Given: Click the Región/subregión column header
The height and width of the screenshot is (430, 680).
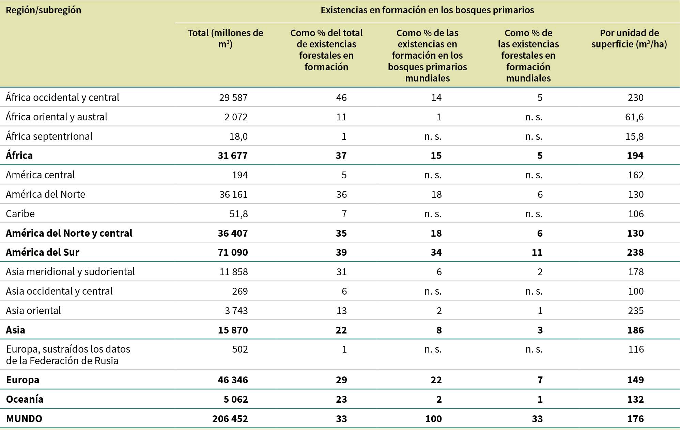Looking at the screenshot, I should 44,10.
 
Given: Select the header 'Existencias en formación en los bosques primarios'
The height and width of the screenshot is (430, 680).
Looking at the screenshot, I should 427,10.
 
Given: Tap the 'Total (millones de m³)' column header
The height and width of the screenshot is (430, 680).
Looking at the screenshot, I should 225,39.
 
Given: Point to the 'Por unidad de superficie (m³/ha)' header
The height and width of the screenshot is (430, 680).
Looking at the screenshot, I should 629,39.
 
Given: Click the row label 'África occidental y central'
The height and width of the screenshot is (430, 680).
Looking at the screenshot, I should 62,98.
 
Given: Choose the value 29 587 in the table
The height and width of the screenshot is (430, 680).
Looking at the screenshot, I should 233,98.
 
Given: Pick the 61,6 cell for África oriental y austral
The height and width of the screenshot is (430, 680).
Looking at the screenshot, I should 634,117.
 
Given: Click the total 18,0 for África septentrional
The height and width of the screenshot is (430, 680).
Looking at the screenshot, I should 238,136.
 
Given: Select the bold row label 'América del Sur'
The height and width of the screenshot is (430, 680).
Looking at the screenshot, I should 43,252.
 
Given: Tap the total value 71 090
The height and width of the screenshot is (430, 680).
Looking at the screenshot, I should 233,252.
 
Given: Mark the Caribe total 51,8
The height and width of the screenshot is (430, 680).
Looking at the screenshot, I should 238,214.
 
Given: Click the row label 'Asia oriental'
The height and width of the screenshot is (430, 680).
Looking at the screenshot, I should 33,311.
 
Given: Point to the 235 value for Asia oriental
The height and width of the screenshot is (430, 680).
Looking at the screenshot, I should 636,311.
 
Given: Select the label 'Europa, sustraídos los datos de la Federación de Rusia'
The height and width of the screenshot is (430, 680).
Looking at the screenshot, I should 68,355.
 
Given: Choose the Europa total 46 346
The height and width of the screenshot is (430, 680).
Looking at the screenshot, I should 233,380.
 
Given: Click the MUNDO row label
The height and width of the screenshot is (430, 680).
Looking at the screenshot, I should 24,419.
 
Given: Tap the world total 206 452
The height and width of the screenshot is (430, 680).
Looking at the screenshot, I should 230,419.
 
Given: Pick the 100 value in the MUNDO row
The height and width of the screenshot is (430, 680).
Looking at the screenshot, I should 433,419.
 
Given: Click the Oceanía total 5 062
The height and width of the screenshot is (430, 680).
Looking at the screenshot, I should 236,399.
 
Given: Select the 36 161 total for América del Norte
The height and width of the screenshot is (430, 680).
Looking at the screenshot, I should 233,194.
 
